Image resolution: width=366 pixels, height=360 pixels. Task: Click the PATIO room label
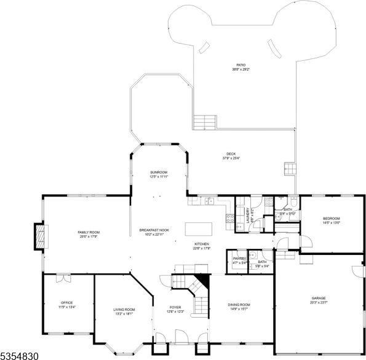241,65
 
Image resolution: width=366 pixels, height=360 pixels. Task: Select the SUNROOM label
159,172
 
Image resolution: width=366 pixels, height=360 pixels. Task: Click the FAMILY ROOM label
89,232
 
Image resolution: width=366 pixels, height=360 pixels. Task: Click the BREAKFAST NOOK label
154,230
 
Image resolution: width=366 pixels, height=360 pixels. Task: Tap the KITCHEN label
202,244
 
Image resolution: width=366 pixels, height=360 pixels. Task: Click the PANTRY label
239,259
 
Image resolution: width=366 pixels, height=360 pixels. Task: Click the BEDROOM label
332,218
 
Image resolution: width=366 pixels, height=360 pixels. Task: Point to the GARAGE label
319,298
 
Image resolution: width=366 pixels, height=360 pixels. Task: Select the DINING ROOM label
239,305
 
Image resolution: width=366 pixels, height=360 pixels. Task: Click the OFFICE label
66,303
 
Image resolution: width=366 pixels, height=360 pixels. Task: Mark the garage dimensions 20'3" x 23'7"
319,302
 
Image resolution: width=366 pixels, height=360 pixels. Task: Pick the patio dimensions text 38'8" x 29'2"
241,69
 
